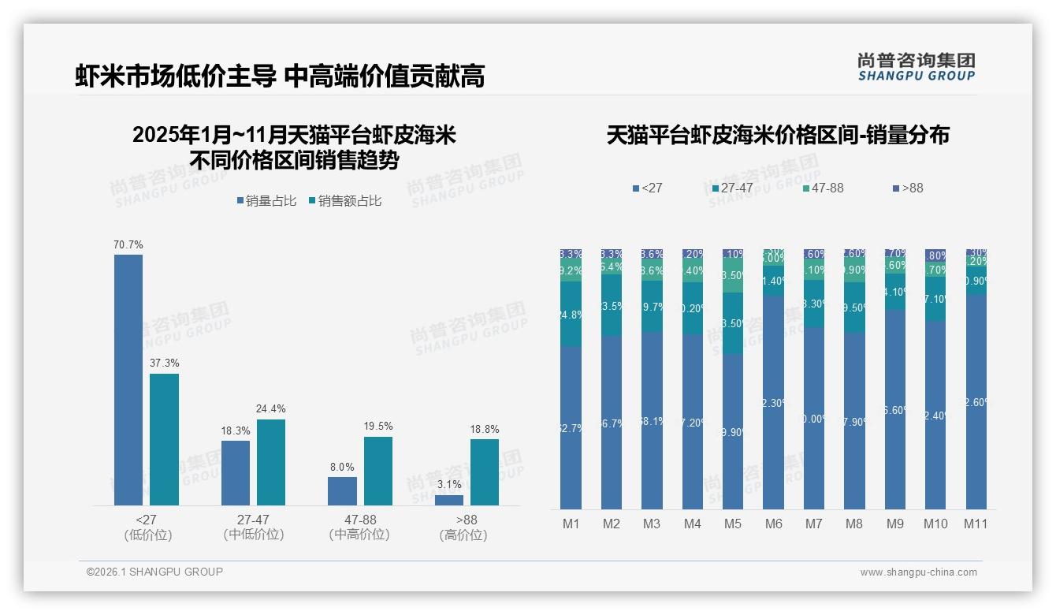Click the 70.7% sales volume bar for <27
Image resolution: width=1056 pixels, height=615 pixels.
coord(128,379)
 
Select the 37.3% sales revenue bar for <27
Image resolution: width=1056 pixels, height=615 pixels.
coord(165,439)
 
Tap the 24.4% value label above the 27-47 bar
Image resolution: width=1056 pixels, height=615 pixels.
coord(270,409)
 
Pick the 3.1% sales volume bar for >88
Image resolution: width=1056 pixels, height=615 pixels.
coord(449,500)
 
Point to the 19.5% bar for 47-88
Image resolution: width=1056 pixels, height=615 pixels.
coord(378,471)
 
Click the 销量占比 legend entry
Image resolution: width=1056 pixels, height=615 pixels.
coord(266,201)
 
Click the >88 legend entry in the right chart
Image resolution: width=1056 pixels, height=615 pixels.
coord(907,188)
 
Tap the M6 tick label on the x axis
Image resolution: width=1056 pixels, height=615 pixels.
coord(774,524)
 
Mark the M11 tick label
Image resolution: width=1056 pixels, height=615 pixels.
coord(976,524)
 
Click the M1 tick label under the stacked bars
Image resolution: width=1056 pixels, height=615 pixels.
coord(571,524)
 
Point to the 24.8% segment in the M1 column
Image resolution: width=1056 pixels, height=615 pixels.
coord(571,315)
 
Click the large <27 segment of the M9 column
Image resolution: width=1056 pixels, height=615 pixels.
coord(895,410)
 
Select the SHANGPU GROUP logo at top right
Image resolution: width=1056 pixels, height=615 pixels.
coord(916,67)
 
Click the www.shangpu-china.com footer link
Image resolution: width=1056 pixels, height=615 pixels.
coord(918,572)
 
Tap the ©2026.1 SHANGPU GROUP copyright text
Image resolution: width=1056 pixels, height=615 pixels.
coord(154,572)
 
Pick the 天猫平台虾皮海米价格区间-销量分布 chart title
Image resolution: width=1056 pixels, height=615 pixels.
coord(778,136)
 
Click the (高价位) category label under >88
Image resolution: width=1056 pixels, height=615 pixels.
coord(463,535)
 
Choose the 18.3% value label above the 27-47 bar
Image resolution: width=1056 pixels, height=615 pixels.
coord(235,430)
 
